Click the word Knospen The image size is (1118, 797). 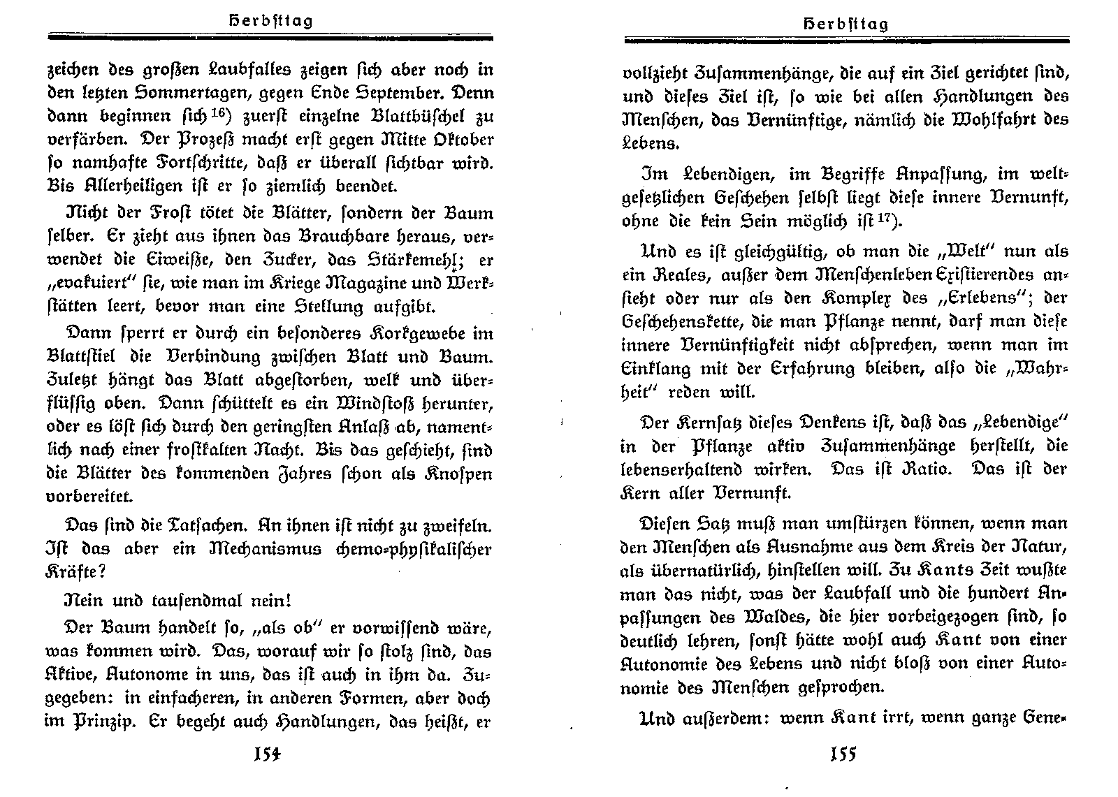pyautogui.click(x=458, y=473)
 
